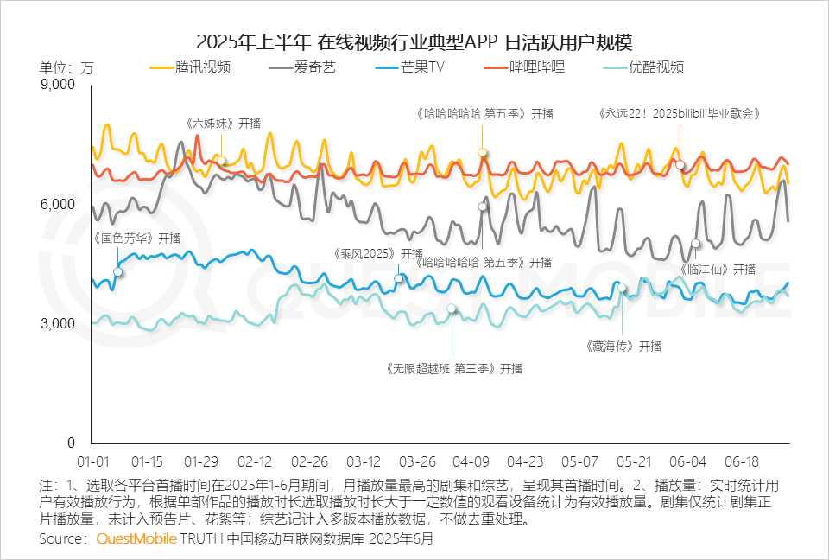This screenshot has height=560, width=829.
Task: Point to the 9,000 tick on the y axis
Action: coord(60,85)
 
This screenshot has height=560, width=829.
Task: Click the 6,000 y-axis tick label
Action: coord(60,205)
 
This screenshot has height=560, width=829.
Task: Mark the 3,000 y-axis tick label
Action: coord(60,323)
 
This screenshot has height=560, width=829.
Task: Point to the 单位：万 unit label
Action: coord(66,67)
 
